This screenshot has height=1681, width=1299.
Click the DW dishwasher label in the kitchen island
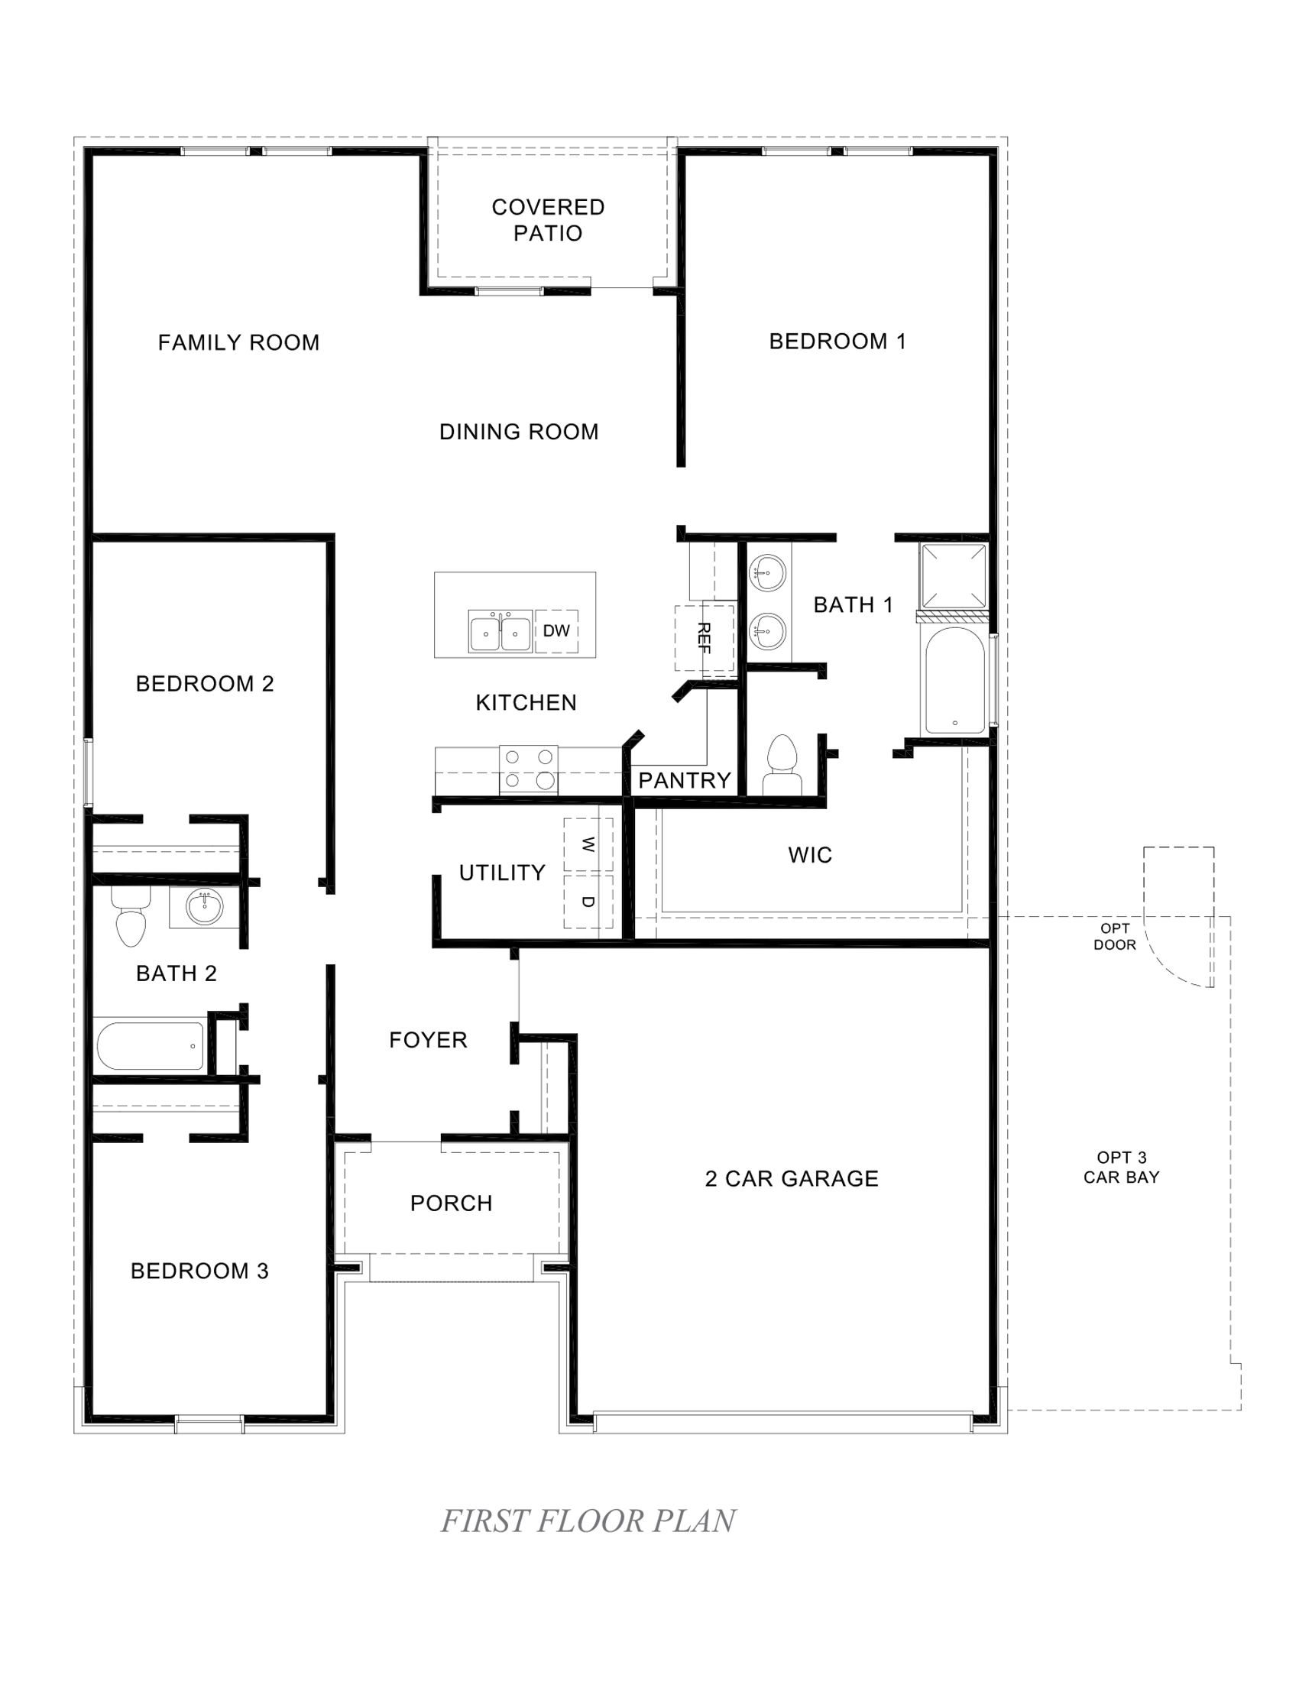click(556, 631)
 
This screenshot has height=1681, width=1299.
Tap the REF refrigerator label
click(702, 637)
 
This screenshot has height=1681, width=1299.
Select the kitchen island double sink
click(500, 633)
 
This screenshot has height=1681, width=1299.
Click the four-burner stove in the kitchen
click(528, 769)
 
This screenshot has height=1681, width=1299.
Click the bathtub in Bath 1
click(954, 680)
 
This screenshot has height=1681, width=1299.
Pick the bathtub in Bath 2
click(151, 1045)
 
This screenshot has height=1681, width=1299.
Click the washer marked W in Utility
click(588, 845)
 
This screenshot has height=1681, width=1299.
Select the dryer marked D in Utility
click(588, 901)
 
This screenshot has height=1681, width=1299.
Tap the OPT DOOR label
click(1114, 937)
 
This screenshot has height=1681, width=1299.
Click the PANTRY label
click(684, 780)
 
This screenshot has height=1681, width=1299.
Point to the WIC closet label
click(809, 855)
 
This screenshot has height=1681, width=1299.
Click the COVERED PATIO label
click(548, 220)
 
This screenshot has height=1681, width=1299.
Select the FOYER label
click(428, 1040)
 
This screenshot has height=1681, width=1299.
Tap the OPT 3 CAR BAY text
click(1121, 1167)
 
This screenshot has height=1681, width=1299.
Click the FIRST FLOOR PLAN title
click(588, 1521)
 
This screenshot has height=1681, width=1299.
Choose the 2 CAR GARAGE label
click(791, 1178)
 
